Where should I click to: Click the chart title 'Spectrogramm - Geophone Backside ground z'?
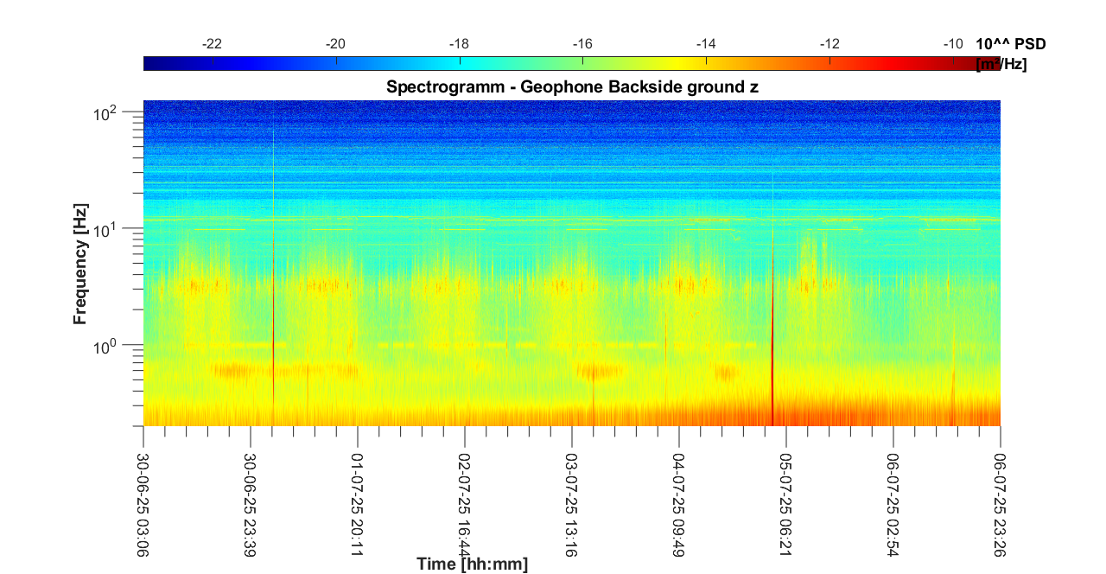click(572, 86)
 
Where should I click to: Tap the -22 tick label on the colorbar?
click(212, 44)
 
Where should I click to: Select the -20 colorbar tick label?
click(335, 44)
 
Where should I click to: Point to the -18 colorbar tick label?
click(459, 44)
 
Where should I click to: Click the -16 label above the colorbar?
click(582, 44)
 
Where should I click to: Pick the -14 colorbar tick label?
click(706, 44)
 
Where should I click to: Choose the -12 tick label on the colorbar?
click(829, 44)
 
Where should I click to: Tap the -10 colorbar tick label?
click(953, 44)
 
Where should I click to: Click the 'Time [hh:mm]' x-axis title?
click(472, 564)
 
